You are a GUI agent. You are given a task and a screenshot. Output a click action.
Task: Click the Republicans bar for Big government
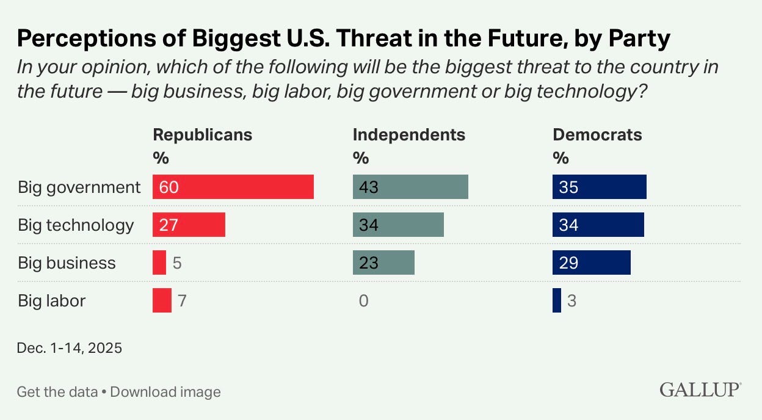point(233,187)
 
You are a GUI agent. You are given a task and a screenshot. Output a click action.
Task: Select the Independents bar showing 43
point(410,187)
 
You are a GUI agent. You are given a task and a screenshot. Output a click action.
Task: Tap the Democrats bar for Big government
point(599,187)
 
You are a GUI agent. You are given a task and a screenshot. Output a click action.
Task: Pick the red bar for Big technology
point(189,225)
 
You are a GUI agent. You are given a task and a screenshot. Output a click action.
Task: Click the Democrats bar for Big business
point(591,262)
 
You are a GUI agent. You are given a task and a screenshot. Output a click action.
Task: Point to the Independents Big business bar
point(383,262)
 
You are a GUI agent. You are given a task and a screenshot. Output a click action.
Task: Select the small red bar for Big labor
point(162,300)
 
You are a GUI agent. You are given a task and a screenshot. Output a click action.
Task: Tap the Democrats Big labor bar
point(556,300)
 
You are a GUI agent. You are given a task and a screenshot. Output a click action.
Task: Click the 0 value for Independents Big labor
point(363,301)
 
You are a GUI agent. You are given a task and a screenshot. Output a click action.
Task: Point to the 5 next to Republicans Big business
point(177,263)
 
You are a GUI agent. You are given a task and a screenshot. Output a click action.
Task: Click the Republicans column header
point(202,134)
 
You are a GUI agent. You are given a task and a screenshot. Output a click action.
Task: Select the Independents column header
point(408,134)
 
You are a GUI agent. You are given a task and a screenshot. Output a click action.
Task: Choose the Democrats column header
point(597,134)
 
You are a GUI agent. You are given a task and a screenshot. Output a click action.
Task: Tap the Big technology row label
point(76,225)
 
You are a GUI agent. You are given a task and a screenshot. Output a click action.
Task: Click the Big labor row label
point(51,300)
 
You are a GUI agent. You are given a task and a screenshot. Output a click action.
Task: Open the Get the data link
point(57,392)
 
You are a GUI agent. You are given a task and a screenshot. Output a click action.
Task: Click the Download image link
point(165,392)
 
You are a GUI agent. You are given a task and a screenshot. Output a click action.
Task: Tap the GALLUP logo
point(700,389)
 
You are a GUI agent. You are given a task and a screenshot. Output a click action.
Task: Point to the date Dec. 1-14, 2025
point(70,349)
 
